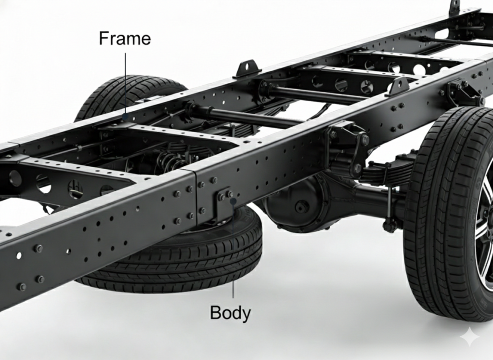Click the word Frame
[x=125, y=39]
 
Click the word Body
[x=230, y=313]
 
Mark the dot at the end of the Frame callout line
[x=126, y=117]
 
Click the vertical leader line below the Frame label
[x=126, y=84]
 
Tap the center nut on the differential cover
[x=299, y=207]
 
